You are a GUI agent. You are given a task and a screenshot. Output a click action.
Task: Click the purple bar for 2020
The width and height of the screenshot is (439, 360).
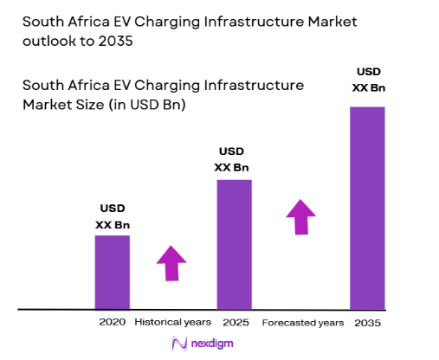(112, 272)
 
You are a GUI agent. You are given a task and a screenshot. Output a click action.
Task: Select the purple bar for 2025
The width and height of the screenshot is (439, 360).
(234, 244)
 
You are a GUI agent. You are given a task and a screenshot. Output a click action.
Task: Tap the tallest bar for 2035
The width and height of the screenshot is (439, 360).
(367, 208)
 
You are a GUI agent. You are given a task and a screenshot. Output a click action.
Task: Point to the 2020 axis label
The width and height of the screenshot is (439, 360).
(112, 322)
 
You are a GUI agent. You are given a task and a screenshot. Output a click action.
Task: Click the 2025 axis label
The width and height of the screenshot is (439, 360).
(235, 322)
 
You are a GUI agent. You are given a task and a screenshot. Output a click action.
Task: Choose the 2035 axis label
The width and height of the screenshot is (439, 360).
(368, 322)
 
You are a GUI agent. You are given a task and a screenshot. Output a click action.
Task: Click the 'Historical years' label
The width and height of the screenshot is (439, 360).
(172, 322)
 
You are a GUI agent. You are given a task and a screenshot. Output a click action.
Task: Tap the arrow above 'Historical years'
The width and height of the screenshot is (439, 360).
(171, 263)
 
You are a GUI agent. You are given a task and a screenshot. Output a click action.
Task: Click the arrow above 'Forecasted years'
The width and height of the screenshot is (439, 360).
(301, 216)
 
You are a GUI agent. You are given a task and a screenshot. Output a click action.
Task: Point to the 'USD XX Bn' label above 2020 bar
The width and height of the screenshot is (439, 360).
(112, 216)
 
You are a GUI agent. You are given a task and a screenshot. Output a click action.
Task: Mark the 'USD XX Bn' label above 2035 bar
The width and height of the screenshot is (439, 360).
(367, 79)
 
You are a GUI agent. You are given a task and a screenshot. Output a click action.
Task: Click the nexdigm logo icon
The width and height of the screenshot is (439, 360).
(180, 344)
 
